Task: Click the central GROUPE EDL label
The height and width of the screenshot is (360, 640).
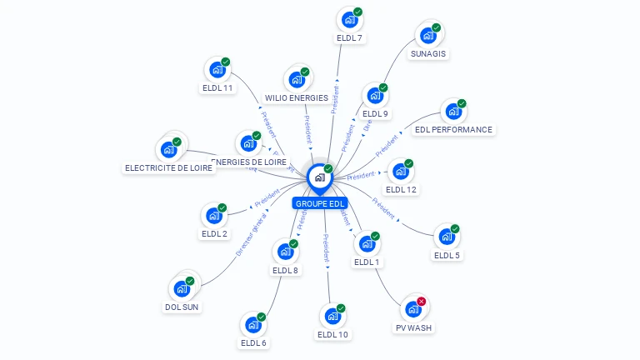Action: (x=319, y=203)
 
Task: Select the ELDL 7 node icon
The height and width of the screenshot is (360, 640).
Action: (x=349, y=20)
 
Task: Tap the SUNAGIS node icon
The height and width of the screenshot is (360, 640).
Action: (x=427, y=36)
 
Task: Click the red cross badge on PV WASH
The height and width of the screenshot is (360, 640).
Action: (x=422, y=301)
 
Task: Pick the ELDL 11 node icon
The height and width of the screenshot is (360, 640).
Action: (x=217, y=70)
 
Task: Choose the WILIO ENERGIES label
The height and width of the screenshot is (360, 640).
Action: (x=297, y=97)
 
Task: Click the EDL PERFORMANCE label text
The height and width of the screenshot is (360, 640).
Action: (x=453, y=130)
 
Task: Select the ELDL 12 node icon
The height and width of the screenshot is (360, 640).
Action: (x=401, y=172)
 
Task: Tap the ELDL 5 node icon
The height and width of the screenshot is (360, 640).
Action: (x=447, y=237)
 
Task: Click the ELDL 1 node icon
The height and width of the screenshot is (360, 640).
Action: (x=366, y=244)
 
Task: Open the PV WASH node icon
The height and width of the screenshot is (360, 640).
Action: (x=412, y=309)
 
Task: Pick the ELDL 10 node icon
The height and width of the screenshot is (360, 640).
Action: (x=332, y=317)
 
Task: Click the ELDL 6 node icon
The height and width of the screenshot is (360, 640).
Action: (x=252, y=325)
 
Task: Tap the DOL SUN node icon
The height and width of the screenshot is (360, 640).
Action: (x=182, y=289)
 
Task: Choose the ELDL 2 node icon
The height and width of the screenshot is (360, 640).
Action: (x=214, y=216)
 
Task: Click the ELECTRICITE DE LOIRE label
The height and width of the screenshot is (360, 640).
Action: (x=169, y=167)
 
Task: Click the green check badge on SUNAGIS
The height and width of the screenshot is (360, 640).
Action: (x=437, y=27)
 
